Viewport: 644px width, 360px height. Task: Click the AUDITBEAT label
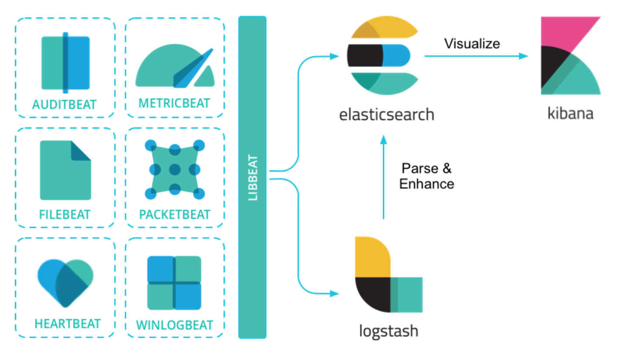[x=64, y=105]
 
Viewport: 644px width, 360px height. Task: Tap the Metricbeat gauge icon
[x=175, y=66]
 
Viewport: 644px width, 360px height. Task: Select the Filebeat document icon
[x=65, y=170]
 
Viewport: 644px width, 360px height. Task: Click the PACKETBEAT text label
[x=174, y=214]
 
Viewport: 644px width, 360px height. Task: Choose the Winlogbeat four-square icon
[x=174, y=283]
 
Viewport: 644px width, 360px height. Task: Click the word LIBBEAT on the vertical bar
[x=253, y=177]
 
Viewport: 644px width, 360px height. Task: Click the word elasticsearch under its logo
[x=386, y=115]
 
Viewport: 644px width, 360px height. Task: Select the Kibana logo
[x=570, y=56]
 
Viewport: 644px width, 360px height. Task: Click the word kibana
[x=570, y=114]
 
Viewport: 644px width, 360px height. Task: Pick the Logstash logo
[x=388, y=275]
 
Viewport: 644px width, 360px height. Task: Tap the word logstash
[x=388, y=331]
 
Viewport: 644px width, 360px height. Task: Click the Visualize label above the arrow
[x=472, y=44]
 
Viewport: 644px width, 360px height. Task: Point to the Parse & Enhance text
[x=427, y=176]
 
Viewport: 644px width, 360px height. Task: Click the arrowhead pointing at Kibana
[x=524, y=56]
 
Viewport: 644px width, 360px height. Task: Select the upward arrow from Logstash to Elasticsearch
[x=383, y=179]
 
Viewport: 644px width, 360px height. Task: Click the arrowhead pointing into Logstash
[x=335, y=293]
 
